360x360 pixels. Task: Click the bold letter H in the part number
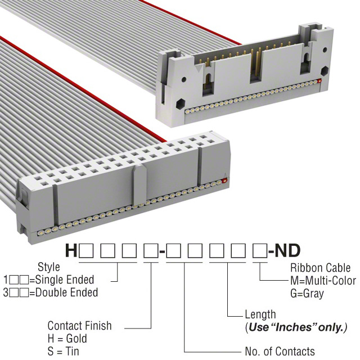pyautogui.click(x=71, y=251)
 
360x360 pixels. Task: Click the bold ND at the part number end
pyautogui.click(x=287, y=251)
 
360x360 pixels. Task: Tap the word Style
pyautogui.click(x=49, y=267)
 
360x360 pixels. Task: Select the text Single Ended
pyautogui.click(x=65, y=280)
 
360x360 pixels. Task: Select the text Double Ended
pyautogui.click(x=66, y=292)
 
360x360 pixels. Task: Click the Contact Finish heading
pyautogui.click(x=79, y=326)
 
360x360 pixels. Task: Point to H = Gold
pyautogui.click(x=67, y=339)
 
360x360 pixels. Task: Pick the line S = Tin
pyautogui.click(x=63, y=352)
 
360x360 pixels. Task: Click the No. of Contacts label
pyautogui.click(x=280, y=352)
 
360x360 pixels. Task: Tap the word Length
pyautogui.click(x=260, y=315)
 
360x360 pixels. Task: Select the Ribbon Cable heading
pyautogui.click(x=320, y=268)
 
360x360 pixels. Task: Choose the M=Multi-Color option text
pyautogui.click(x=323, y=281)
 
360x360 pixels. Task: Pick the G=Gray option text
pyautogui.click(x=307, y=294)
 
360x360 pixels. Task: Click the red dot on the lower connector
pyautogui.click(x=225, y=181)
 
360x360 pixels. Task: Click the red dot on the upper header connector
pyautogui.click(x=319, y=80)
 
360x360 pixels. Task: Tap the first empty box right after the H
pyautogui.click(x=86, y=251)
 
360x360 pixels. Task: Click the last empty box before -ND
pyautogui.click(x=260, y=251)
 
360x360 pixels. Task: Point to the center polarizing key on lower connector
pyautogui.click(x=139, y=185)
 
